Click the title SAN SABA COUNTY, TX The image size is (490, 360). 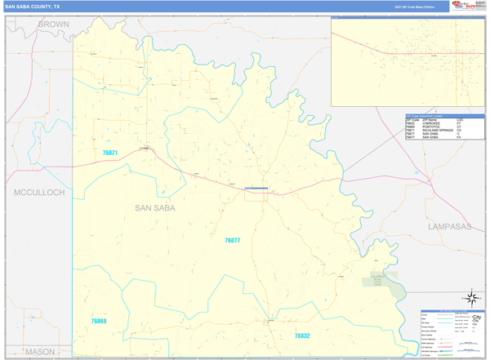[x=32, y=6]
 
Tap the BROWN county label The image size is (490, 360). [x=54, y=24]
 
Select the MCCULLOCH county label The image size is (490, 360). [x=39, y=193]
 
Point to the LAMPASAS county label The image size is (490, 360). [x=448, y=226]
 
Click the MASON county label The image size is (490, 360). [x=39, y=352]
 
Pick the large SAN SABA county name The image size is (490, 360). [x=154, y=208]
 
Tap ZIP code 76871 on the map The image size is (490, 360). [x=110, y=153]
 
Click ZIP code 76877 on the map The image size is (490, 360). [x=233, y=241]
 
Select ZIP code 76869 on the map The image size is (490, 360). [x=99, y=322]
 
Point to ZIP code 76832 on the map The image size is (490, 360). [x=302, y=336]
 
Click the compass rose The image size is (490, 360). [x=471, y=299]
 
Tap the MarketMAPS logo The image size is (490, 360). [x=468, y=6]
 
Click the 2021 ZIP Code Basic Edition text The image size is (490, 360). [x=412, y=7]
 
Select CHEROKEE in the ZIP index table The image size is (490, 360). [x=432, y=123]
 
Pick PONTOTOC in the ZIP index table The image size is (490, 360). [x=432, y=127]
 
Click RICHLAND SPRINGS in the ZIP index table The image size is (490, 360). [x=438, y=131]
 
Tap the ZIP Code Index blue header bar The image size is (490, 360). [x=444, y=116]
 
